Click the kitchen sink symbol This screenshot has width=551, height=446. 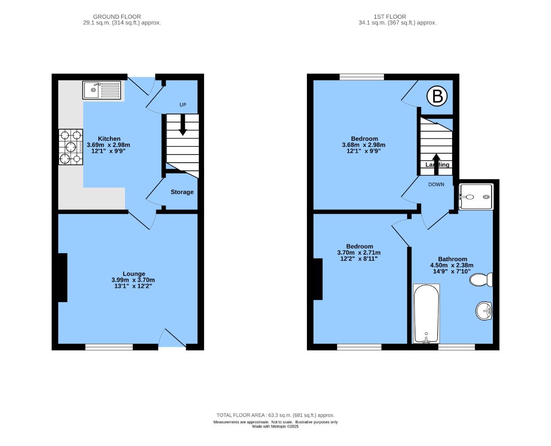[x=101, y=90]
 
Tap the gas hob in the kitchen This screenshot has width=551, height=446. [x=71, y=147]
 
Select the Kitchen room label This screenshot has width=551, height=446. [x=109, y=139]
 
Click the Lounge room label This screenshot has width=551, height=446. [x=134, y=274]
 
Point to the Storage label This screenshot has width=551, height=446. [x=182, y=192]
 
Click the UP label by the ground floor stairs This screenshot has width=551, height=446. [x=183, y=105]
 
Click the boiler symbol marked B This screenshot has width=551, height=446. [x=437, y=96]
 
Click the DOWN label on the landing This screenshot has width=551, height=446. [x=436, y=185]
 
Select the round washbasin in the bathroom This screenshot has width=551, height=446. [x=484, y=311]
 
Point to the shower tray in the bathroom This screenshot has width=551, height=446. [x=476, y=197]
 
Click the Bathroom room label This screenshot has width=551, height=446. [x=452, y=259]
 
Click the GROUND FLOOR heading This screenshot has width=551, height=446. [x=117, y=17]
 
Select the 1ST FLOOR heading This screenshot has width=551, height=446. [x=390, y=17]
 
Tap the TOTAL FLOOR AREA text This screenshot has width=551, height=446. [x=275, y=415]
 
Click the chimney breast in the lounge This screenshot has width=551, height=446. [x=63, y=278]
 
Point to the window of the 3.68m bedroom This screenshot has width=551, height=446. [x=362, y=77]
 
